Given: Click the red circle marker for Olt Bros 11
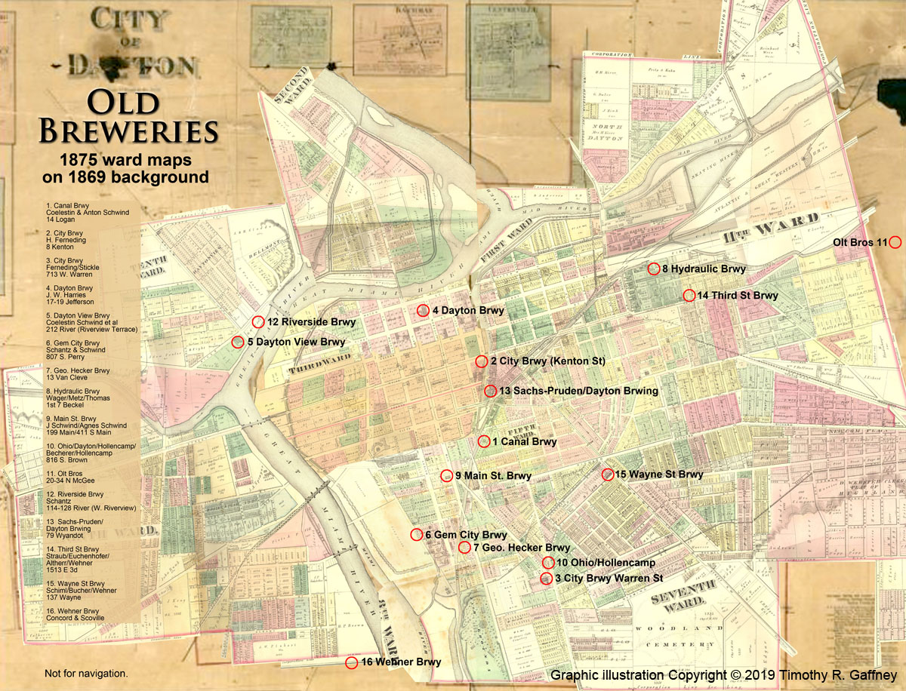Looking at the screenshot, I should coord(895,242).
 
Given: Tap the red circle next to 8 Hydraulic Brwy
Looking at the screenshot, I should coord(654,269).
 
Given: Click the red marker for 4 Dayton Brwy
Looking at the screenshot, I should coord(423,310).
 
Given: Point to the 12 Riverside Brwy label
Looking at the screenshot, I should coord(311,322).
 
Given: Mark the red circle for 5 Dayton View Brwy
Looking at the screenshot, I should coord(237,342).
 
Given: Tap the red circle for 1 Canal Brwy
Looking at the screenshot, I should coord(484,442).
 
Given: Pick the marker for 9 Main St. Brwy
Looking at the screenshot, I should coord(446,475).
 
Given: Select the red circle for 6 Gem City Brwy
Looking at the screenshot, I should coord(416,535).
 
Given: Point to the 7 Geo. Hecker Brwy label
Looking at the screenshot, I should coord(522,548).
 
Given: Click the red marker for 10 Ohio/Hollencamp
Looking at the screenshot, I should coord(548,562).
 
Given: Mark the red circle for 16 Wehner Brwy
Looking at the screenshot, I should coord(351,662).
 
